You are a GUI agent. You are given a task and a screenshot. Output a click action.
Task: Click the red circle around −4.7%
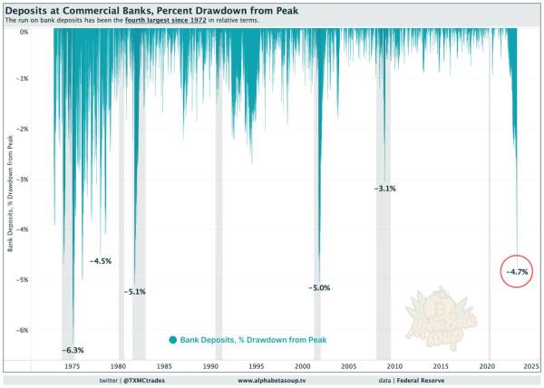coord(516,271)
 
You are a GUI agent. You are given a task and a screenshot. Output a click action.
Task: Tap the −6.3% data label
coord(73,350)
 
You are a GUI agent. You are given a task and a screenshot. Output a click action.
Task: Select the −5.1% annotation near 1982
coord(134,292)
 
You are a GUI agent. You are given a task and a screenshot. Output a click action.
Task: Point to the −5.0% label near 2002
coord(319,287)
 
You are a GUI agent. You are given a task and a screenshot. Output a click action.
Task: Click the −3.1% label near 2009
coord(384,188)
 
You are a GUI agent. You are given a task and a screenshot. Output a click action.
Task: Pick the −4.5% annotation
coord(100,261)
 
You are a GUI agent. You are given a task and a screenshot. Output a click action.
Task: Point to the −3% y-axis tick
coord(24,179)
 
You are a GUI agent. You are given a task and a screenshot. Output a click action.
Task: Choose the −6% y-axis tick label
coord(24,331)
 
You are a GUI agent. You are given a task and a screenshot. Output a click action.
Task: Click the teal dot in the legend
coord(172,340)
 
